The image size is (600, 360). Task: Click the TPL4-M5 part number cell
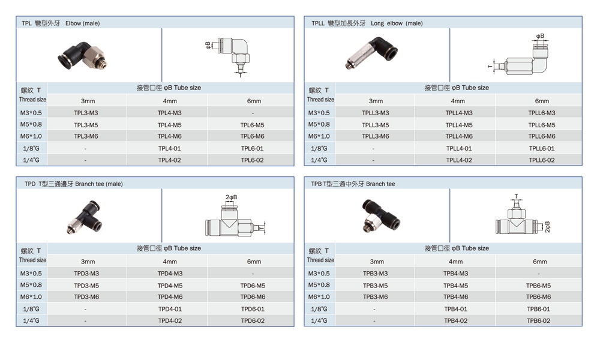[170, 125]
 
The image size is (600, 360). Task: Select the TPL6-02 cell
[252, 160]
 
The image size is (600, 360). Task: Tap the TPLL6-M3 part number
[541, 113]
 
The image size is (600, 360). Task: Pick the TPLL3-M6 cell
[376, 136]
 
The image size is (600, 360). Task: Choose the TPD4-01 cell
[170, 309]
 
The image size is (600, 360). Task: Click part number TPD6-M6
[253, 297]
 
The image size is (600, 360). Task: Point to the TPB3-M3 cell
[376, 274]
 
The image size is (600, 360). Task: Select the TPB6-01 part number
[538, 309]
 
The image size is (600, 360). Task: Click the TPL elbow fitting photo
[82, 56]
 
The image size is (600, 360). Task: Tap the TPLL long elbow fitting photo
[371, 53]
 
